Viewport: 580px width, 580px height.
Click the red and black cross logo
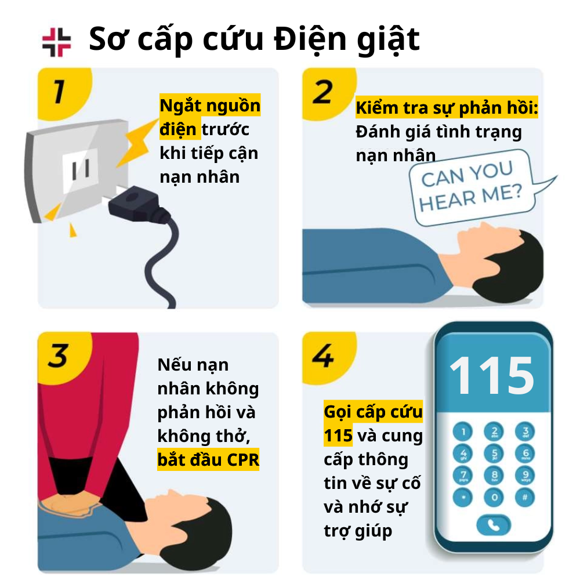pyautogui.click(x=56, y=42)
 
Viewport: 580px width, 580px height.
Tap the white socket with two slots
pyautogui.click(x=80, y=171)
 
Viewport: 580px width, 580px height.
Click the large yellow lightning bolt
pyautogui.click(x=137, y=143)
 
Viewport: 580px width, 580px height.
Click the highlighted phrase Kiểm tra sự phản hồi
pyautogui.click(x=447, y=108)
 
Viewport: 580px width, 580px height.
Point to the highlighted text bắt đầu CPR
pyautogui.click(x=208, y=459)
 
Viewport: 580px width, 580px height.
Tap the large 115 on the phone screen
pyautogui.click(x=492, y=375)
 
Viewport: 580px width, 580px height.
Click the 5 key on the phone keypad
pyautogui.click(x=494, y=454)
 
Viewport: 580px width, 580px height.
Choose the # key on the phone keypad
pyautogui.click(x=525, y=497)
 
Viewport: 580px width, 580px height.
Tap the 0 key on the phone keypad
pyautogui.click(x=494, y=497)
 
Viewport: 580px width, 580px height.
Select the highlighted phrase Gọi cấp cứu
pyautogui.click(x=373, y=412)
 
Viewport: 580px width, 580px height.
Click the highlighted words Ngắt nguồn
pyautogui.click(x=210, y=106)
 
